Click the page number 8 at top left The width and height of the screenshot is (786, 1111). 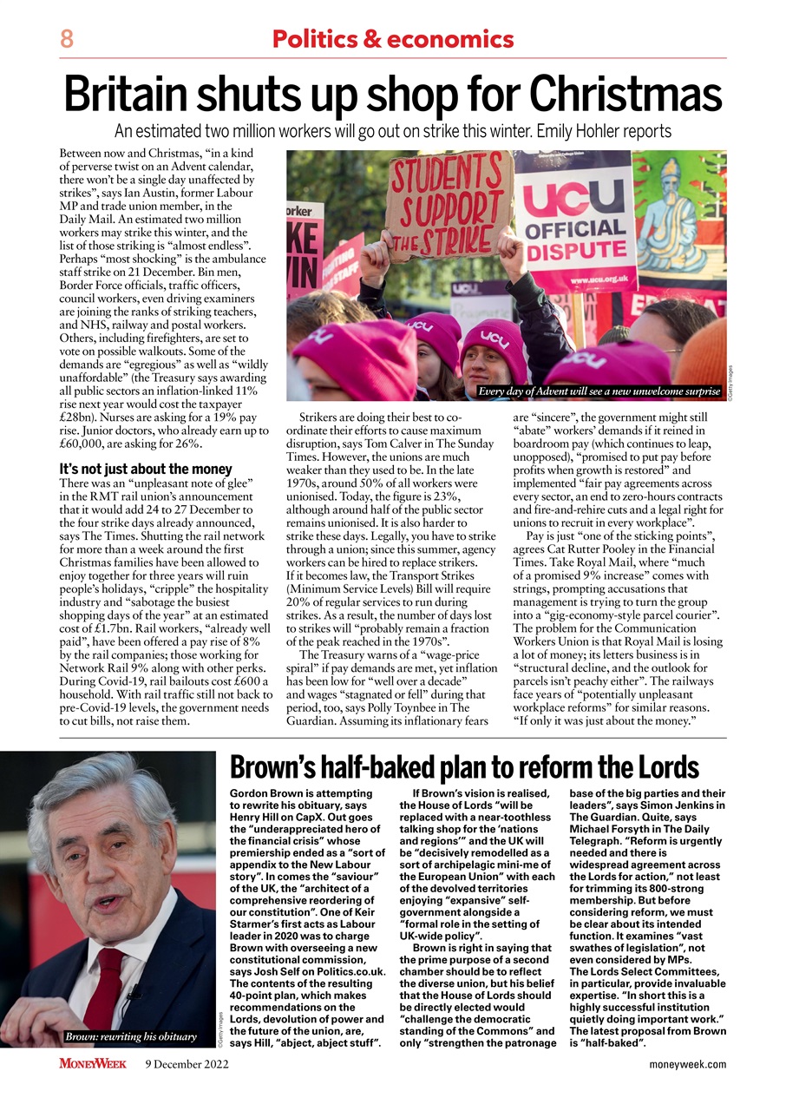click(x=67, y=39)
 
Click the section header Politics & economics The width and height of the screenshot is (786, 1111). click(x=392, y=39)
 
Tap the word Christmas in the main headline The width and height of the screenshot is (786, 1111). click(x=626, y=95)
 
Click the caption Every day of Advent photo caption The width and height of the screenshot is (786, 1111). click(x=599, y=391)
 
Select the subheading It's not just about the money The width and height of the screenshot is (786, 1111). click(x=146, y=469)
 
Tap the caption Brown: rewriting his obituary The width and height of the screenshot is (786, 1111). click(x=130, y=1036)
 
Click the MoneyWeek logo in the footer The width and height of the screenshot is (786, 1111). click(x=93, y=1064)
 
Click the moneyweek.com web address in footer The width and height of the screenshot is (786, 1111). click(x=687, y=1064)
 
